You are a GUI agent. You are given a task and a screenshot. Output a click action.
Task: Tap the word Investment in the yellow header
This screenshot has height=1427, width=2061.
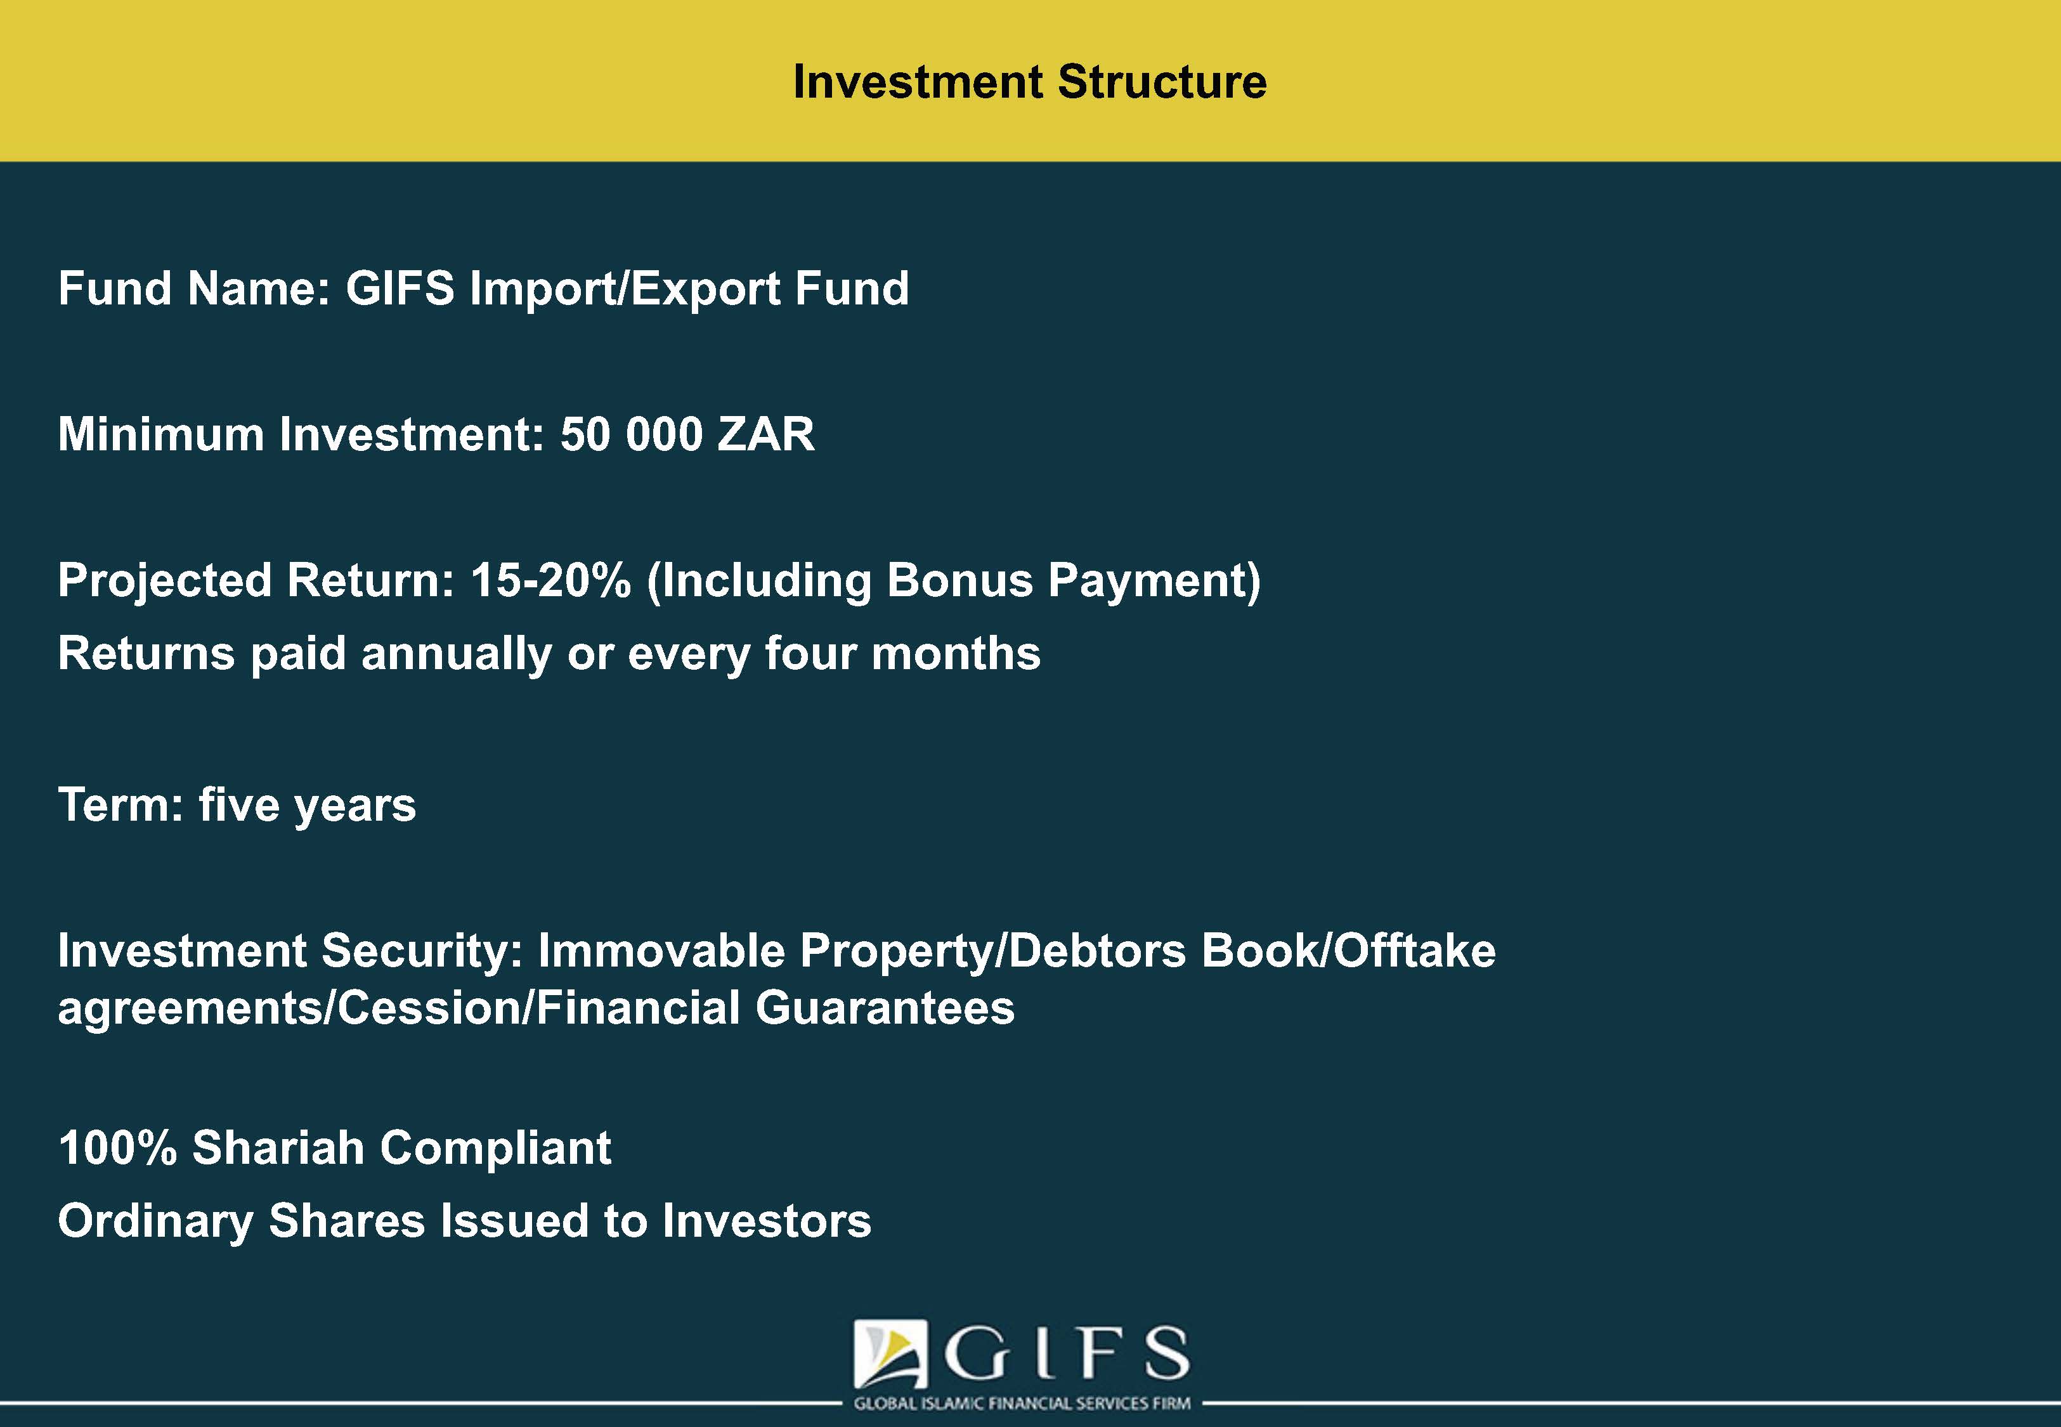[x=918, y=81]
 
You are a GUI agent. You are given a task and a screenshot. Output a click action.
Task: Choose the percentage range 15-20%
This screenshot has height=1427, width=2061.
[x=550, y=580]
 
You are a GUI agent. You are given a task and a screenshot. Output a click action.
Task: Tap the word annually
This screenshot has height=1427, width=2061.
[x=457, y=655]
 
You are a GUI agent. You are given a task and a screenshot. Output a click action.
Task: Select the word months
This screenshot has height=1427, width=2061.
[x=956, y=654]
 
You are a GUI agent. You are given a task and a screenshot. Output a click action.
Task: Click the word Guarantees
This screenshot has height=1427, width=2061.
[x=885, y=1008]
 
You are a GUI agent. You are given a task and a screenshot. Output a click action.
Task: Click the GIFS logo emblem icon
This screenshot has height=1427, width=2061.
[x=891, y=1353]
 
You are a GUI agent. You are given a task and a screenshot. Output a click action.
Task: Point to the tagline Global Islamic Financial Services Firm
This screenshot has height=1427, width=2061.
[x=1022, y=1404]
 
